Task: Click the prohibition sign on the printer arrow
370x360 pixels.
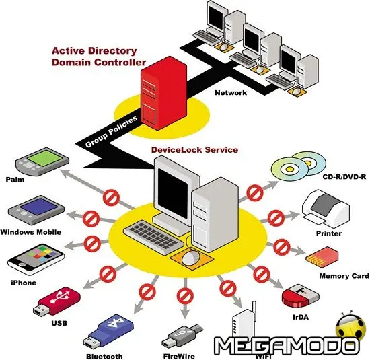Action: (x=275, y=217)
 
